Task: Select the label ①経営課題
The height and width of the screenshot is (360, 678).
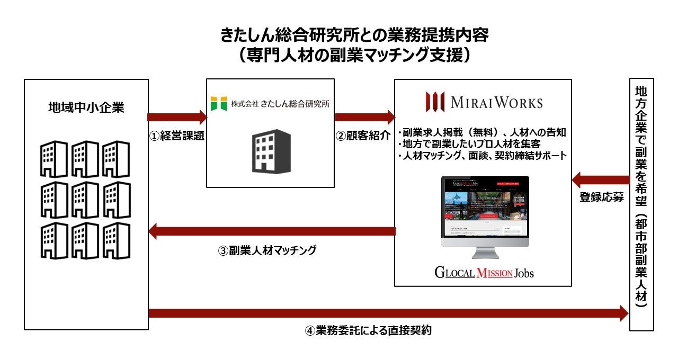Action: (176, 136)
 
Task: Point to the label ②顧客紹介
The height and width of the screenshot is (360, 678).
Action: (364, 136)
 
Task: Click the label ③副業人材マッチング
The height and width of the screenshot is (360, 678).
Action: (267, 250)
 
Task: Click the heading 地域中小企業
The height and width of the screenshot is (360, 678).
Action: (86, 108)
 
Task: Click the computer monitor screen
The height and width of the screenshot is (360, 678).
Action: (485, 209)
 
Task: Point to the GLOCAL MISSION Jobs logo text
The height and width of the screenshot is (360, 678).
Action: (484, 273)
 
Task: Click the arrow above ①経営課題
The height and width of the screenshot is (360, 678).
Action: (176, 117)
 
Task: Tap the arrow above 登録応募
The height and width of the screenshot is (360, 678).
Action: (601, 179)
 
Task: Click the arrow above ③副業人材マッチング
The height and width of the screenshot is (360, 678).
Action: (272, 231)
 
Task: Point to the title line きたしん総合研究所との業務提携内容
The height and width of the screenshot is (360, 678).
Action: (354, 35)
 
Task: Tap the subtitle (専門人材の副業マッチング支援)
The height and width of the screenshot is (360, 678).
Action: (354, 56)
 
